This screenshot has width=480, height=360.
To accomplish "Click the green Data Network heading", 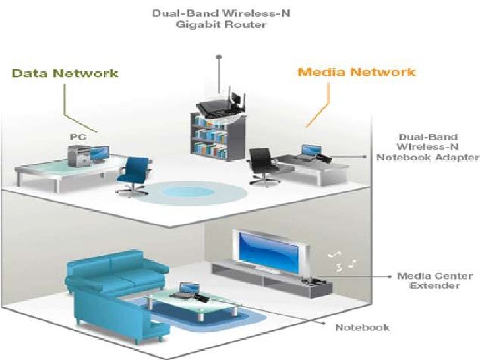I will tap(65, 73).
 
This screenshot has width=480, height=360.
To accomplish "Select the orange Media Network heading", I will tap(357, 71).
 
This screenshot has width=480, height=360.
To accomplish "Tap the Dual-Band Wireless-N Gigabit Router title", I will tap(210, 18).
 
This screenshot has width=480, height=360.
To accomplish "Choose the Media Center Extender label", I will tap(429, 281).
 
